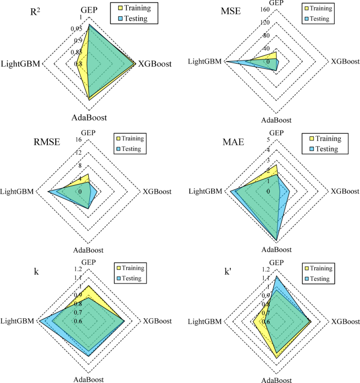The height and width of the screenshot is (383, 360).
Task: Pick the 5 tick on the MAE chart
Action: pyautogui.click(x=268, y=139)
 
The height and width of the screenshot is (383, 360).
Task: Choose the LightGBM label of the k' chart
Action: pyautogui.click(x=204, y=321)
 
